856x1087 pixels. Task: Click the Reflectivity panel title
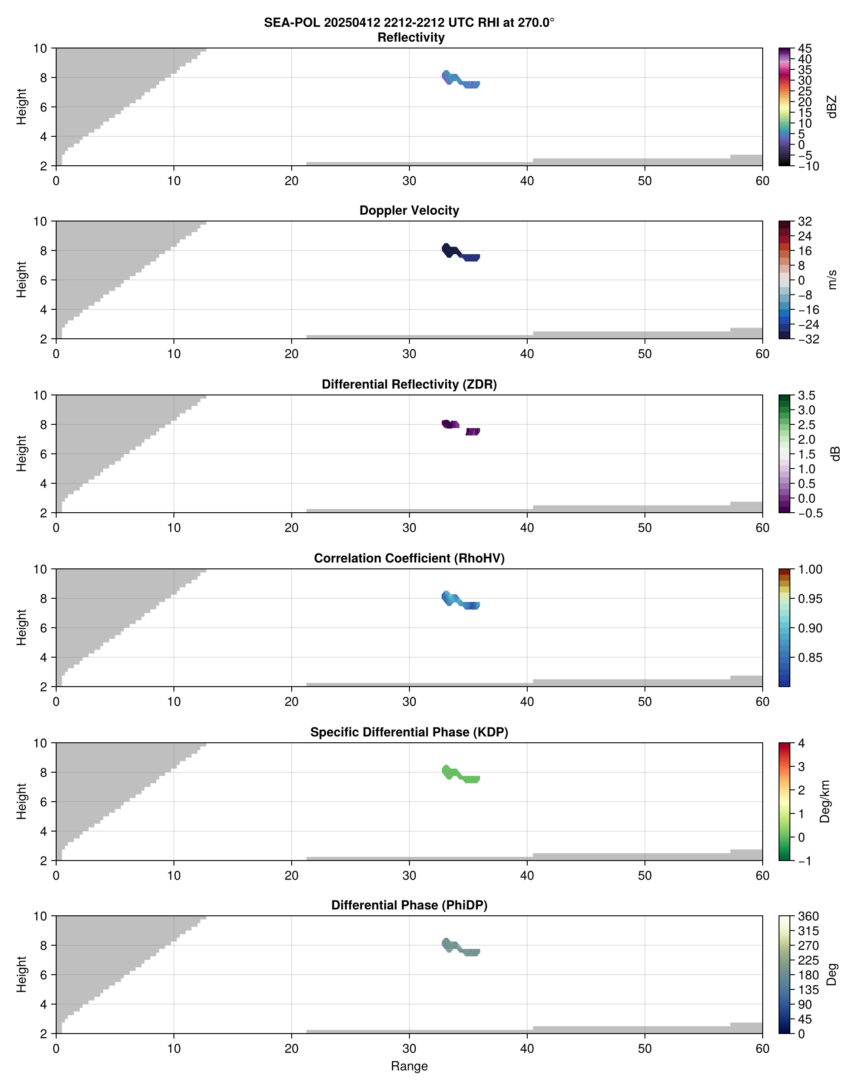tap(410, 38)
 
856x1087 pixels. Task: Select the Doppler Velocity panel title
tap(409, 211)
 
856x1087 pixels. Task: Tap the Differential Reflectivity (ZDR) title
tap(409, 385)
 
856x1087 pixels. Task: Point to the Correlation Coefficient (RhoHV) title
tap(409, 558)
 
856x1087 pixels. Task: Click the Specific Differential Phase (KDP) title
tap(409, 732)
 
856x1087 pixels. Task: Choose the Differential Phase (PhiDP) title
tap(409, 905)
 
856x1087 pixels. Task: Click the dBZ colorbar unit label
tap(832, 107)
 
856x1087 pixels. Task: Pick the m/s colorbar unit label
tap(832, 279)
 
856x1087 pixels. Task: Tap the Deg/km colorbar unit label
tap(825, 801)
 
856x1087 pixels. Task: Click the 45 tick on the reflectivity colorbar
tap(805, 48)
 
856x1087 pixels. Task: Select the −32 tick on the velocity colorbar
tap(808, 339)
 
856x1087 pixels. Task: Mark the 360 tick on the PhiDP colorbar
tap(808, 917)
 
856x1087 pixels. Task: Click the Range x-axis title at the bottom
tap(409, 1066)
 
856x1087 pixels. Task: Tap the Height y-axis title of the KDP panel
tap(21, 801)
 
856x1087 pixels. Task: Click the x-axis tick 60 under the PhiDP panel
tap(762, 1049)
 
